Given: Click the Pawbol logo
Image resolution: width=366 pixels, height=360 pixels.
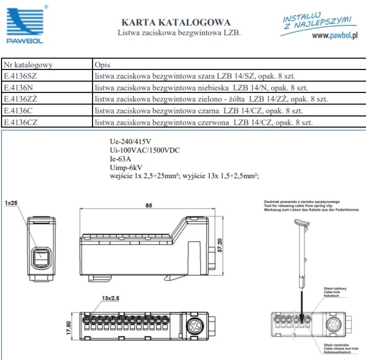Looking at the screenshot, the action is pyautogui.click(x=25, y=26).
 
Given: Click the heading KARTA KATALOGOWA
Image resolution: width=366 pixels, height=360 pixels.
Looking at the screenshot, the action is pyautogui.click(x=176, y=22).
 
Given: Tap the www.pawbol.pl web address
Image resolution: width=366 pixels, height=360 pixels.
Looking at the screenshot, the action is pyautogui.click(x=335, y=36).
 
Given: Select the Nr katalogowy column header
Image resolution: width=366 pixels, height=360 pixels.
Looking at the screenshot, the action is pyautogui.click(x=28, y=65).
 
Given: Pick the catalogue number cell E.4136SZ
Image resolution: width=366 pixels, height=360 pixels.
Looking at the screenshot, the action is pyautogui.click(x=20, y=76).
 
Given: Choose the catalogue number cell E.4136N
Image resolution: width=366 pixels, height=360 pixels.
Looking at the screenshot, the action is pyautogui.click(x=18, y=87).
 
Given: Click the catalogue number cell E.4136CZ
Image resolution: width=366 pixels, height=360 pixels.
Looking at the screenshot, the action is pyautogui.click(x=20, y=122).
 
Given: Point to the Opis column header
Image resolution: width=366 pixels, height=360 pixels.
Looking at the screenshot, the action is pyautogui.click(x=102, y=65).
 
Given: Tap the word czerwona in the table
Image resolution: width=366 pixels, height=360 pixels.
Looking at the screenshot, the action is pyautogui.click(x=213, y=122).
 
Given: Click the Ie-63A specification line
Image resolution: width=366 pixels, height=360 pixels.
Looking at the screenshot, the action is pyautogui.click(x=120, y=159).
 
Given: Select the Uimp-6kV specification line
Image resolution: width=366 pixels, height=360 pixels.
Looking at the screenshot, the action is pyautogui.click(x=126, y=168).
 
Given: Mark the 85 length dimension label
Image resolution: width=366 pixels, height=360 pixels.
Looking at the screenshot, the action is pyautogui.click(x=148, y=205).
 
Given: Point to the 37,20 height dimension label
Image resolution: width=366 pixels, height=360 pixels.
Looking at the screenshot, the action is pyautogui.click(x=220, y=245).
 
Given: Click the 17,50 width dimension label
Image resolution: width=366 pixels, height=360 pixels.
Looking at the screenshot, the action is pyautogui.click(x=68, y=328).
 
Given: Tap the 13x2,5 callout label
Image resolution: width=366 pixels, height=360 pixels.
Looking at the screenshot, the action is pyautogui.click(x=111, y=298).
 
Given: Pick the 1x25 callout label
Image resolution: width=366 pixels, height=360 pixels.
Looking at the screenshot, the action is pyautogui.click(x=11, y=203).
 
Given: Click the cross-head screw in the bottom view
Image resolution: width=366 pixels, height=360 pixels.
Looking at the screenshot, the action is pyautogui.click(x=195, y=326).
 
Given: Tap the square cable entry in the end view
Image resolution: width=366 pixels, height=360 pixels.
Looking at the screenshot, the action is pyautogui.click(x=41, y=258).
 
